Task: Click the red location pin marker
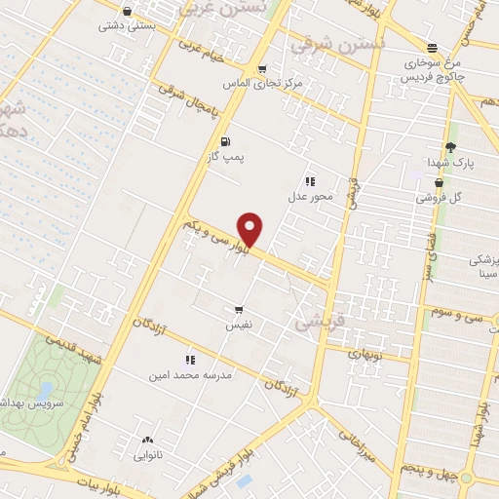(250, 228)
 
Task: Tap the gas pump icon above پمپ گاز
(225, 140)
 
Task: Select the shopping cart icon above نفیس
(239, 309)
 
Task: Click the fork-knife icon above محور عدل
(310, 181)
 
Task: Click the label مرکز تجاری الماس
(262, 84)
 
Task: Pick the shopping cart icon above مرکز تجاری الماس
(262, 68)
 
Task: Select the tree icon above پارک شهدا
(448, 147)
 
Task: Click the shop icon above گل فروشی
(439, 182)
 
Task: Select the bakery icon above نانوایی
(148, 440)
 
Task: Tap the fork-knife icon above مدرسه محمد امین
(189, 360)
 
